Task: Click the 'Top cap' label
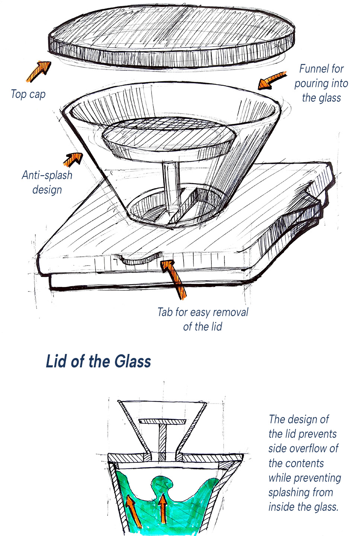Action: pyautogui.click(x=28, y=94)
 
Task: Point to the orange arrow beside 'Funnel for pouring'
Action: pyautogui.click(x=273, y=80)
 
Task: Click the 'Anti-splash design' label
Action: pyautogui.click(x=47, y=182)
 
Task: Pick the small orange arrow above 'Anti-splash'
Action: pyautogui.click(x=73, y=159)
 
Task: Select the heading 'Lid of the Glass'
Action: pyautogui.click(x=98, y=361)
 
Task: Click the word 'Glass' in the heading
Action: pyautogui.click(x=133, y=361)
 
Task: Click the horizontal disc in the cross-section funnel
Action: pyautogui.click(x=163, y=421)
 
